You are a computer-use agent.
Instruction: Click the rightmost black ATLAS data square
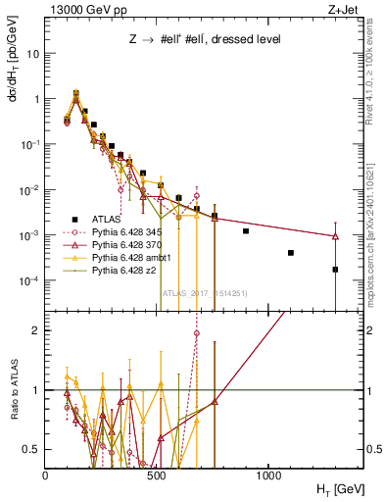click(x=335, y=270)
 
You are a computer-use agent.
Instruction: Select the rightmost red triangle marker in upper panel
click(x=335, y=236)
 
